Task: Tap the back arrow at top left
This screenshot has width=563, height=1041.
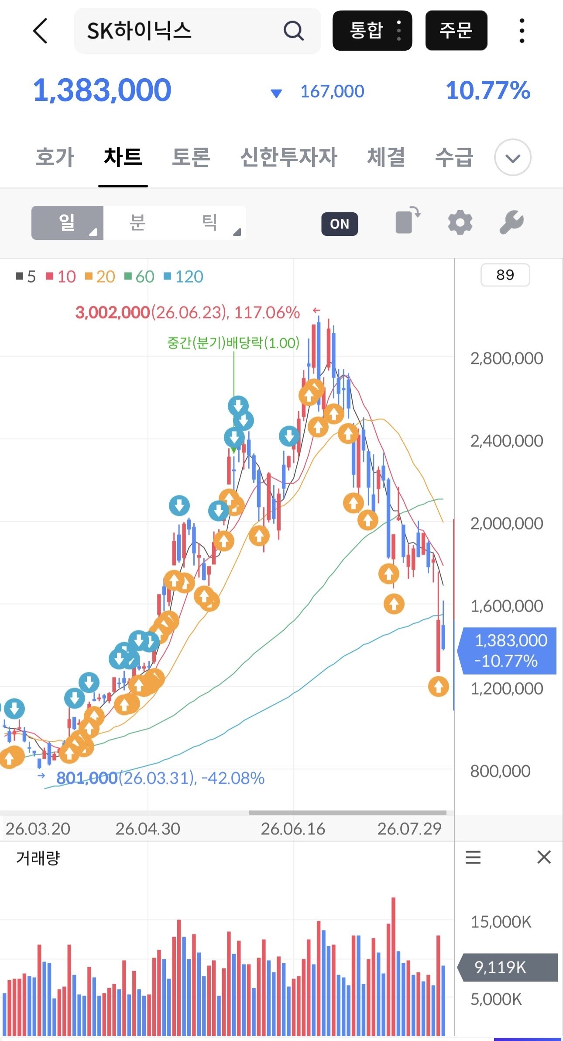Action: pos(40,31)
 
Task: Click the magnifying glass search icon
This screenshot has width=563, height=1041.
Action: pos(293,31)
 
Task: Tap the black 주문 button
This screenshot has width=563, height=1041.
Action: pos(456,31)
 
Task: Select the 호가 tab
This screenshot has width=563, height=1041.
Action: pos(55,157)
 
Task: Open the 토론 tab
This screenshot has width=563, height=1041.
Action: pos(191,157)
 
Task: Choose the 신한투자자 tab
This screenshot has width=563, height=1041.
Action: pos(289,157)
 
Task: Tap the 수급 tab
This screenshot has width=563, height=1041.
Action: pos(454,157)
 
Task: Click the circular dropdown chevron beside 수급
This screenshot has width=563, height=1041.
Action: pos(513,157)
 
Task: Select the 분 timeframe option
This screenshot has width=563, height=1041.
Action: pos(137,222)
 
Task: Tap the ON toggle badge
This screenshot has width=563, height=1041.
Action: pos(340,224)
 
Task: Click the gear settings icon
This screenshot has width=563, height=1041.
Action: pos(460,222)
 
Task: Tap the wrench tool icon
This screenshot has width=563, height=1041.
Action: pos(512,222)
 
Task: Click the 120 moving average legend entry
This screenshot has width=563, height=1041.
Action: pos(184,277)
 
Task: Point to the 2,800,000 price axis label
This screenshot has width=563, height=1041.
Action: pos(507,358)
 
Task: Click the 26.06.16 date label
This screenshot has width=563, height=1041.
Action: pos(293,829)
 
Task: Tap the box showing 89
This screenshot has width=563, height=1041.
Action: pos(505,275)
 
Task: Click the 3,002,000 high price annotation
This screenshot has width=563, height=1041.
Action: pos(113,312)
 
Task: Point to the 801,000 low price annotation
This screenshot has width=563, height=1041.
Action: pos(87,778)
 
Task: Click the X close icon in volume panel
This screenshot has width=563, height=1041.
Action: pos(544,857)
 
